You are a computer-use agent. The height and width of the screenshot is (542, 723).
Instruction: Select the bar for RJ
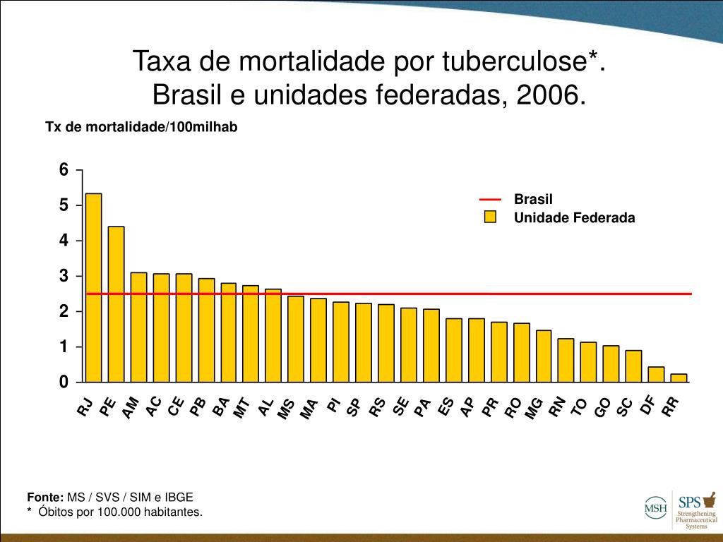(93, 288)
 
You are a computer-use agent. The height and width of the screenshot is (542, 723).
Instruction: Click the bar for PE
(116, 304)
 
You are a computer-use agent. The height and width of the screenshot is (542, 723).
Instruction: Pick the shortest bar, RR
(679, 378)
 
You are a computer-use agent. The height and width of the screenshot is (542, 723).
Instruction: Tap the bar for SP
(364, 343)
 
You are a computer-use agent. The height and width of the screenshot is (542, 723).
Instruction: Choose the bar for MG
(544, 356)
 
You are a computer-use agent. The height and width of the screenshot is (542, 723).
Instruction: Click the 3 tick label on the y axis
(64, 276)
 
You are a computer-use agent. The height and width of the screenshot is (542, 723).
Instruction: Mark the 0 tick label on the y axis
(64, 382)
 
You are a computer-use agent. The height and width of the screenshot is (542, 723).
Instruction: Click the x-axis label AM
(131, 408)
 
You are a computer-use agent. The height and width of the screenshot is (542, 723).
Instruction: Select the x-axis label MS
(286, 409)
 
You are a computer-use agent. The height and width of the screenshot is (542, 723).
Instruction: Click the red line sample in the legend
(490, 200)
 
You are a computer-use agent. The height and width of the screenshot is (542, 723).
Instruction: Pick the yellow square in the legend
(490, 217)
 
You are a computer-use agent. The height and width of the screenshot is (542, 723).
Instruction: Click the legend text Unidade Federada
(574, 218)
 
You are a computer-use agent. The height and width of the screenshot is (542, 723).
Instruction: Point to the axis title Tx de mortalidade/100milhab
(141, 127)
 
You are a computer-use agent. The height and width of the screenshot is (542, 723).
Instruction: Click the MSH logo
(655, 507)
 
